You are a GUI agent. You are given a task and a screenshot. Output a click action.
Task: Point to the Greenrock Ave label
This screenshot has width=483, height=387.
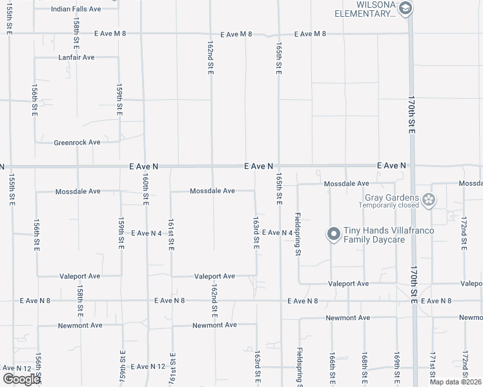tap(77, 143)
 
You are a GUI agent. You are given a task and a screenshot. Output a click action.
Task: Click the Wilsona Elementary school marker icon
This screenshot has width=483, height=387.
tap(406, 8)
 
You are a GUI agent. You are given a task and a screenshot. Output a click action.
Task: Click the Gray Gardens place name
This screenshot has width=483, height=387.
tap(392, 197)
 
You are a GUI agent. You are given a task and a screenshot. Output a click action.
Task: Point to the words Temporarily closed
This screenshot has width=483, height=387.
tap(393, 206)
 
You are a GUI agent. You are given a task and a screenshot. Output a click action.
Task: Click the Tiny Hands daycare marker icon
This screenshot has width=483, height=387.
tap(333, 235)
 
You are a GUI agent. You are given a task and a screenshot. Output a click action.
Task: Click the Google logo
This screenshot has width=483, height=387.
tap(21, 379)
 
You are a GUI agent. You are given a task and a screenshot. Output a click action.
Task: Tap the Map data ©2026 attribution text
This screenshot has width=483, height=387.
tap(455, 382)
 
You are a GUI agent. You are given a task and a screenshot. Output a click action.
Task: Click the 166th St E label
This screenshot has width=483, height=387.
tap(331, 367)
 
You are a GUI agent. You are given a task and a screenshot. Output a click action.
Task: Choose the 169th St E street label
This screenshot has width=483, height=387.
tap(397, 367)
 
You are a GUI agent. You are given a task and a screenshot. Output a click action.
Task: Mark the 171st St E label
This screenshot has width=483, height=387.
tap(433, 367)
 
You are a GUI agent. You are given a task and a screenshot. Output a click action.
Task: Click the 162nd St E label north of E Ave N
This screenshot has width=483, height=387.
tap(211, 59)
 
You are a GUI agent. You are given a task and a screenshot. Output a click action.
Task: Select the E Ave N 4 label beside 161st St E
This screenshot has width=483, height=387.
tap(146, 233)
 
